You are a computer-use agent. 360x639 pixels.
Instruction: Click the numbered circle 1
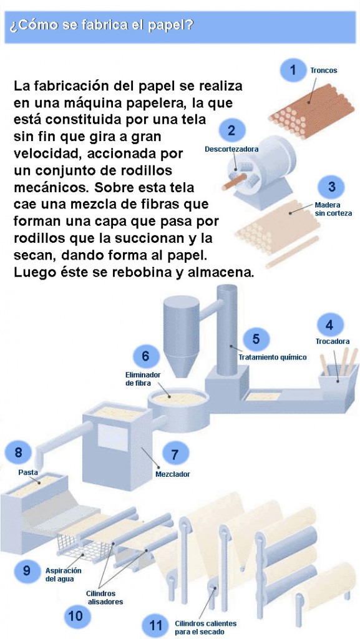(293, 71)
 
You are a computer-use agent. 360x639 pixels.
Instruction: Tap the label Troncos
(324, 71)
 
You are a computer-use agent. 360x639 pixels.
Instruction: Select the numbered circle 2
(231, 130)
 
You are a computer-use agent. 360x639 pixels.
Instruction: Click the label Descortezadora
(231, 149)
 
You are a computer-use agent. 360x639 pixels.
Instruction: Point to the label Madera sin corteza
(328, 209)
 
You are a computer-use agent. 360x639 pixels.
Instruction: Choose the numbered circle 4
(329, 325)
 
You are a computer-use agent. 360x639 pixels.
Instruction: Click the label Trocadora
(333, 341)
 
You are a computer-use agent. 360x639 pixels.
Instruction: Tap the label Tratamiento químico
(273, 358)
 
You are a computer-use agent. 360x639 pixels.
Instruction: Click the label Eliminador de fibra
(142, 379)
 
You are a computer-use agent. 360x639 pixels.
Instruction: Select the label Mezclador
(173, 474)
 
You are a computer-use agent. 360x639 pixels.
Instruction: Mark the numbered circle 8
(18, 452)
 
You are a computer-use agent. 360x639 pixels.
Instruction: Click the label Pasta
(28, 473)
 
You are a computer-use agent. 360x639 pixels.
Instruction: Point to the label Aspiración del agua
(63, 574)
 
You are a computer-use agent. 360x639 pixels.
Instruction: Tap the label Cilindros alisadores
(104, 597)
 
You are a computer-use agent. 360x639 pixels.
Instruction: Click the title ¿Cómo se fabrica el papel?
(101, 26)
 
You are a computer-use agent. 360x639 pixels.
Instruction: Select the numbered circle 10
(76, 615)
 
